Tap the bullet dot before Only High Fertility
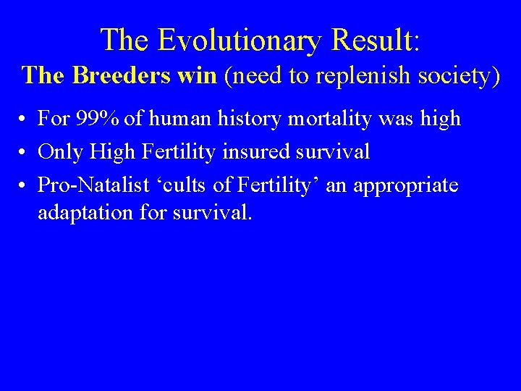(25, 153)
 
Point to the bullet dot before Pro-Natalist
(25, 186)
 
